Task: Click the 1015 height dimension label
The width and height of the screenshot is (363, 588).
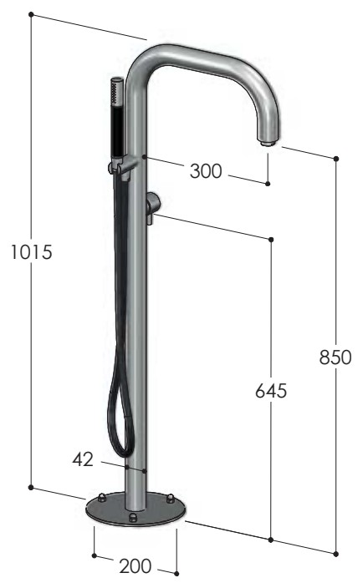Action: (x=31, y=251)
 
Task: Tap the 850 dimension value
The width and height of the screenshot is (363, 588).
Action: (x=335, y=357)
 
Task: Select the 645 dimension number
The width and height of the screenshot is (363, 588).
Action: (x=271, y=391)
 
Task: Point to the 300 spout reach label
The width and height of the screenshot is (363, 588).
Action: (x=206, y=171)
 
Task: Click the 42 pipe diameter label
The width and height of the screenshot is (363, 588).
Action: (x=83, y=459)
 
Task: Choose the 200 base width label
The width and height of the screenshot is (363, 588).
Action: (x=135, y=566)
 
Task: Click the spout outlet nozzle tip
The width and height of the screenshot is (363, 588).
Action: (x=268, y=144)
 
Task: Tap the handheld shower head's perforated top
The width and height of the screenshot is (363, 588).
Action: (x=117, y=91)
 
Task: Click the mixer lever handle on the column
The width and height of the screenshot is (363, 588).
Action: (x=153, y=207)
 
